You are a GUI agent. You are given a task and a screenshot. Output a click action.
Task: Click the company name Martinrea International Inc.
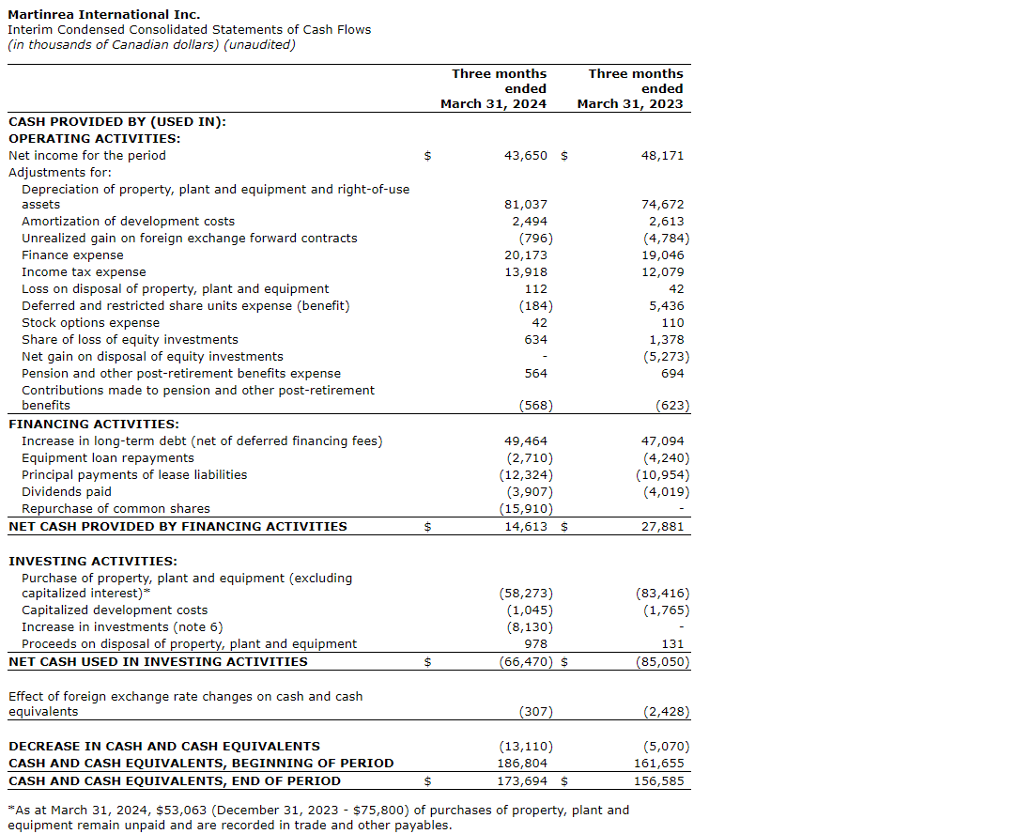click(103, 14)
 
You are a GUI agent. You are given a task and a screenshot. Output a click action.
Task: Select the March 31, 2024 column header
click(493, 88)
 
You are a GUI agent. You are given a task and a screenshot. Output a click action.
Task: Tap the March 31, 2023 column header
click(630, 88)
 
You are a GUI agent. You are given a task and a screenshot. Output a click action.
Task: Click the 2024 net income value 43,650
click(526, 155)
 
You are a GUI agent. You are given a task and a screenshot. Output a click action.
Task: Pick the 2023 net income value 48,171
click(662, 155)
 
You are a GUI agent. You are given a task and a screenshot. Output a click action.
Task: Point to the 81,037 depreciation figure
click(526, 204)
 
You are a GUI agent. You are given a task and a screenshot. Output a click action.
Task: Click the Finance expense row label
click(72, 255)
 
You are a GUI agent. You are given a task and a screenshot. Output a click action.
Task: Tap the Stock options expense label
click(90, 322)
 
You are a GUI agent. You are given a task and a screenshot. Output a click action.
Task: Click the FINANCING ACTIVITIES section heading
click(93, 424)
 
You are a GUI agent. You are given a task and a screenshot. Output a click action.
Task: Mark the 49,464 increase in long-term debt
click(526, 440)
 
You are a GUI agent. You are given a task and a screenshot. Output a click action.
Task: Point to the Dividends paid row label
click(66, 491)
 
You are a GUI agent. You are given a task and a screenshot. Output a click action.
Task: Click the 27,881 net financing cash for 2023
click(662, 526)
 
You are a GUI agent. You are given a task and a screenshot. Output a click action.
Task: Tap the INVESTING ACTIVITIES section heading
click(92, 561)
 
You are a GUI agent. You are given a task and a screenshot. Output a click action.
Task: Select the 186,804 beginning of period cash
click(522, 763)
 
